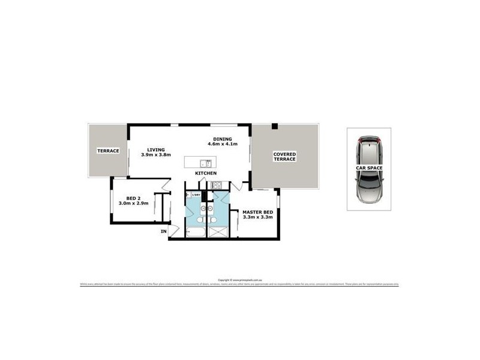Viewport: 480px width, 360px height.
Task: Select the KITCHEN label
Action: tap(205, 173)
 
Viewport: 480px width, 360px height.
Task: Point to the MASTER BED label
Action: tap(257, 212)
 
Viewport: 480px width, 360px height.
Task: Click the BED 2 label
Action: tap(133, 199)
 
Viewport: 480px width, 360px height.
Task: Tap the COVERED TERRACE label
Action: tap(285, 157)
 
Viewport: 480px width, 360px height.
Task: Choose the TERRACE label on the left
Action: tap(109, 150)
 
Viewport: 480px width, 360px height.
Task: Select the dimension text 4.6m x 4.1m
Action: tap(223, 144)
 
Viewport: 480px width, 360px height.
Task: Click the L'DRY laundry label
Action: tap(196, 194)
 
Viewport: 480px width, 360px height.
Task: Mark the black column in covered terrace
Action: tap(274, 126)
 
